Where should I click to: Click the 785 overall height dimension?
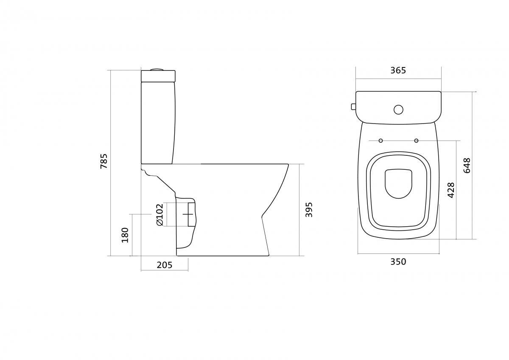[x=104, y=161]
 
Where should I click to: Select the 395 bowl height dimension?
[x=309, y=210]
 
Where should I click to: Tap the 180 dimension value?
[x=125, y=235]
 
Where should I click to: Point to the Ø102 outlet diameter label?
[x=159, y=214]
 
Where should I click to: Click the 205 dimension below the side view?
[x=165, y=265]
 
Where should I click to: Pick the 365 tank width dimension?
[x=398, y=70]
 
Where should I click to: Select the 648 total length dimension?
[x=467, y=166]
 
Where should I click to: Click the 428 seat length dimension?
[x=451, y=190]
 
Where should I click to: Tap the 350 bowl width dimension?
[x=398, y=262]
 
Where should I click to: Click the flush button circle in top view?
[x=398, y=110]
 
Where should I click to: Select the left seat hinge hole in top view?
[x=380, y=141]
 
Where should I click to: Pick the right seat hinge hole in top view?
[x=416, y=141]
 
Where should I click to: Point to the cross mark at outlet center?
[x=188, y=214]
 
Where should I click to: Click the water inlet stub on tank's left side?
[x=353, y=106]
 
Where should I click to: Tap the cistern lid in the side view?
[x=158, y=76]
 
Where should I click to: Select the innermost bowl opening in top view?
[x=398, y=183]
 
